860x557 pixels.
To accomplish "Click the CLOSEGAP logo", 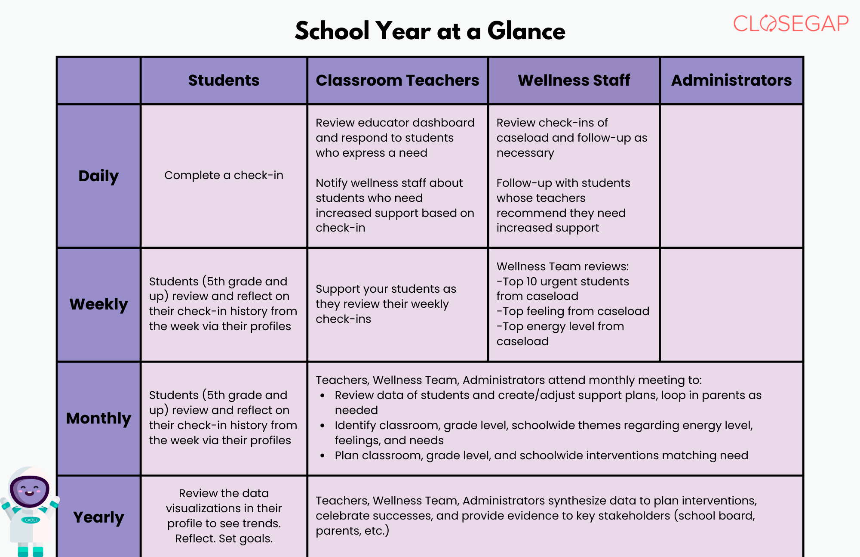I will (x=790, y=24).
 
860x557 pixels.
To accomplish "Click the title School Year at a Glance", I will (x=430, y=31).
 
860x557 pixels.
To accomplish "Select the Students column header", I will (x=224, y=80).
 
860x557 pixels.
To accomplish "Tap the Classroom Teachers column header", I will (x=397, y=80).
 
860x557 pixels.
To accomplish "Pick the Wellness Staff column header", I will (x=574, y=80).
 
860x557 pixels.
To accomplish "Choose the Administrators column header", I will (x=731, y=80).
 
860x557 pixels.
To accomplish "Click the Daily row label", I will (x=98, y=176).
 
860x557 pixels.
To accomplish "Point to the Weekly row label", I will (x=98, y=304).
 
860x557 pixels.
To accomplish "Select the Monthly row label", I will (x=98, y=418).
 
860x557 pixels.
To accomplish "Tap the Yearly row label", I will (x=98, y=517).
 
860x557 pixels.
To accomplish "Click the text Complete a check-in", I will (x=224, y=175).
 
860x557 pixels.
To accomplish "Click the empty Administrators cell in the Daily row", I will (x=731, y=176).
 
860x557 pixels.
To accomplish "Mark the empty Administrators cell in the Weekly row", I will (x=731, y=304).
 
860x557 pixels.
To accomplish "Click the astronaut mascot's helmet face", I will (x=29, y=491).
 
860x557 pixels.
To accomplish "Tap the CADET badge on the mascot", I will (x=31, y=520).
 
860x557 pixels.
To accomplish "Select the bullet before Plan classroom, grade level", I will (x=322, y=455).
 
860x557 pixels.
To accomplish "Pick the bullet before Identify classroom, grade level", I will (x=322, y=425).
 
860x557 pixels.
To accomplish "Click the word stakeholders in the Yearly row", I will (x=634, y=516).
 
